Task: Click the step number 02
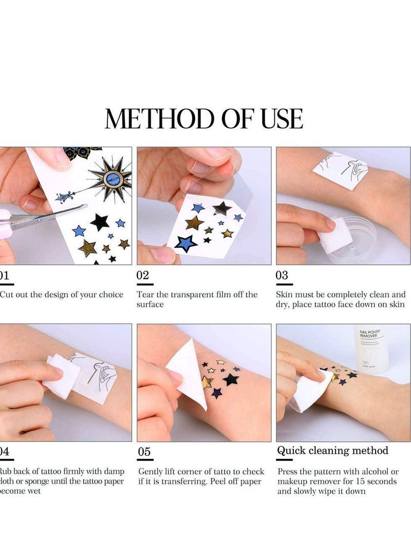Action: (x=143, y=275)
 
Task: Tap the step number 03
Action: (x=282, y=275)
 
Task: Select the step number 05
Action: (x=144, y=452)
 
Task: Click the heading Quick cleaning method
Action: (x=332, y=451)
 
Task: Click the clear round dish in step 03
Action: (x=354, y=241)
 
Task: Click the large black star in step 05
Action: (x=231, y=380)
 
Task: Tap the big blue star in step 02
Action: (x=186, y=242)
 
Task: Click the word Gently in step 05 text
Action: (x=152, y=471)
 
